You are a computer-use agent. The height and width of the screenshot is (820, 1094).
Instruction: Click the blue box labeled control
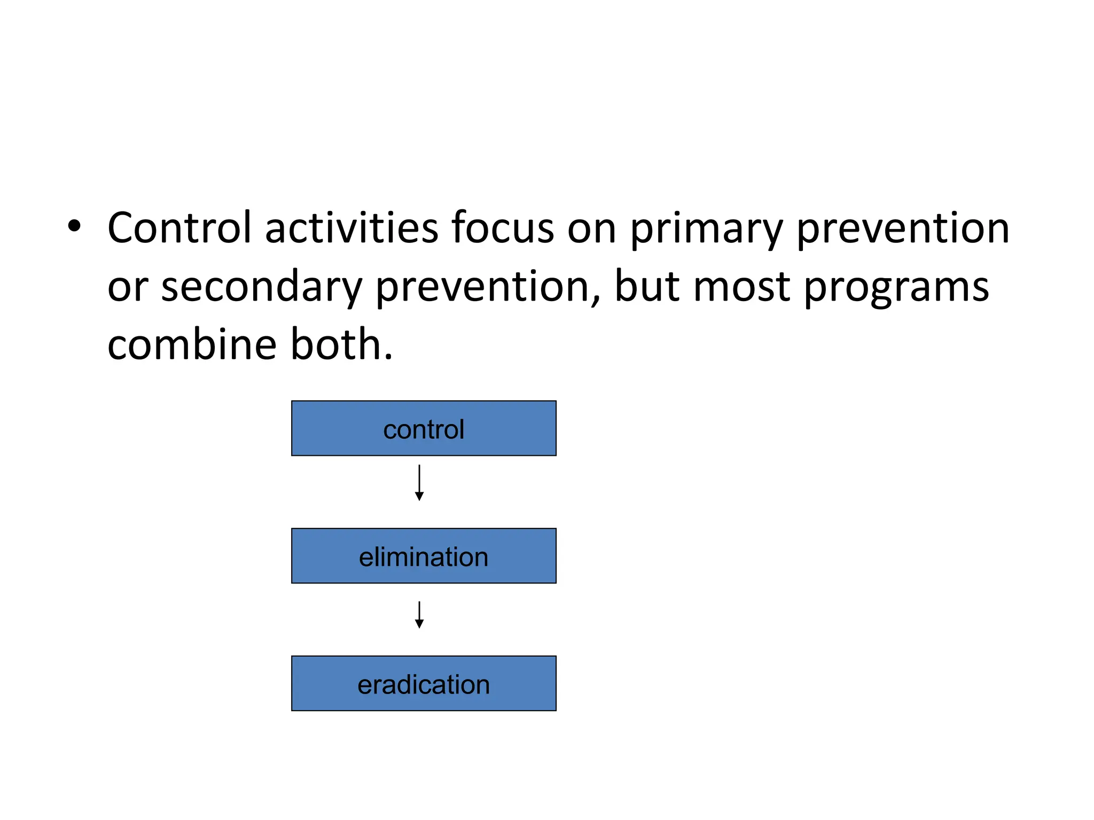point(424,428)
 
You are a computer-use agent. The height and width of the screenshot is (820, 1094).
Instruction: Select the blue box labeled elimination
point(424,556)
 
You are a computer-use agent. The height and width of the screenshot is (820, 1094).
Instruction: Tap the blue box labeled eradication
point(424,683)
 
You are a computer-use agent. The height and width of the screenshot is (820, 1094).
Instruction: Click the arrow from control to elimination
point(419,483)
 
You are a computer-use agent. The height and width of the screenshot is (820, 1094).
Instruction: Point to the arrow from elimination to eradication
point(419,615)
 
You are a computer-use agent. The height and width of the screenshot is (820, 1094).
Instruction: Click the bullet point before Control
point(74,226)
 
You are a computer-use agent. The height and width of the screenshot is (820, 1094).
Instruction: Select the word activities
point(351,228)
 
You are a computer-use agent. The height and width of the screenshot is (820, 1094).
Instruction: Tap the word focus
point(502,228)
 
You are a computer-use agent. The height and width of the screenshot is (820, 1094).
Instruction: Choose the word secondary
point(261,287)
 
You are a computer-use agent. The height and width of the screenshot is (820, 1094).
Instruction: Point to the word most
point(742,287)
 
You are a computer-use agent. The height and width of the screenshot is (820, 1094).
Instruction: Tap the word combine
point(192,345)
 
